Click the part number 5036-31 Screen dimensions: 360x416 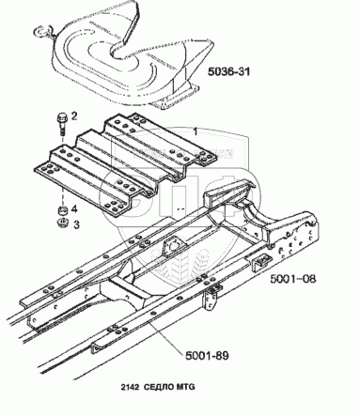229,71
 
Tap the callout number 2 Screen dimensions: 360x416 74,116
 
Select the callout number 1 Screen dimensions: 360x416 196,131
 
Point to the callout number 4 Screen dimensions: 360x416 74,208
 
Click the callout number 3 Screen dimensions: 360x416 76,224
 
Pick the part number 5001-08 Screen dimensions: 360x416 293,279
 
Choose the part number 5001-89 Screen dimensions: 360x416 207,356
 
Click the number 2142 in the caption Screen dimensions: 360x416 130,387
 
